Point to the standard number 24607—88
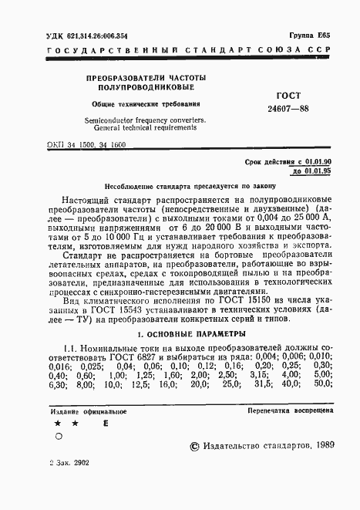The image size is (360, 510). click(288, 110)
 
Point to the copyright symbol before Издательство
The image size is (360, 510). click(193, 447)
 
